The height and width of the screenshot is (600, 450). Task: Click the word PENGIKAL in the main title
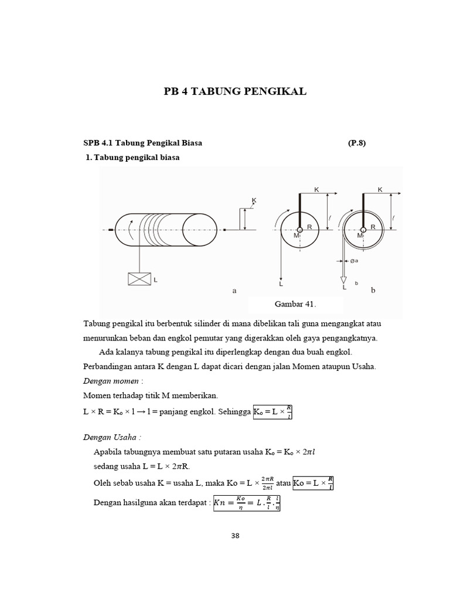pyautogui.click(x=272, y=91)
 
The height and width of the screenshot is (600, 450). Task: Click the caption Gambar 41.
pyautogui.click(x=295, y=305)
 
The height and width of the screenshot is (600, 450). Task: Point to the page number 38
pyautogui.click(x=234, y=536)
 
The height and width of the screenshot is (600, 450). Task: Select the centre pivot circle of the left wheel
pyautogui.click(x=300, y=230)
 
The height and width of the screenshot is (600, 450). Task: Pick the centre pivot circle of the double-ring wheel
pyautogui.click(x=363, y=230)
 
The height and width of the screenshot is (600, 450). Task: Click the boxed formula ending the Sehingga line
pyautogui.click(x=272, y=412)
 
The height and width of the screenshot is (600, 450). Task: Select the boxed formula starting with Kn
pyautogui.click(x=247, y=503)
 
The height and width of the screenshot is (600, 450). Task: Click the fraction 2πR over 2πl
pyautogui.click(x=266, y=483)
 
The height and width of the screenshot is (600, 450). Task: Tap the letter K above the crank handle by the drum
pyautogui.click(x=254, y=200)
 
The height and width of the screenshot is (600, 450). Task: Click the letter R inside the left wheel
pyautogui.click(x=309, y=226)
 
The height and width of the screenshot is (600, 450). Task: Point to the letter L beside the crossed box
pyautogui.click(x=155, y=281)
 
